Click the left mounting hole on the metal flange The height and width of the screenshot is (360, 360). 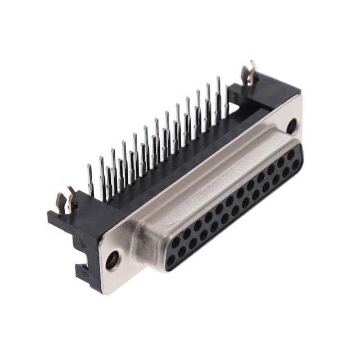(x=112, y=260)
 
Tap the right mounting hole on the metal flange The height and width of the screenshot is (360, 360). (x=291, y=125)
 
